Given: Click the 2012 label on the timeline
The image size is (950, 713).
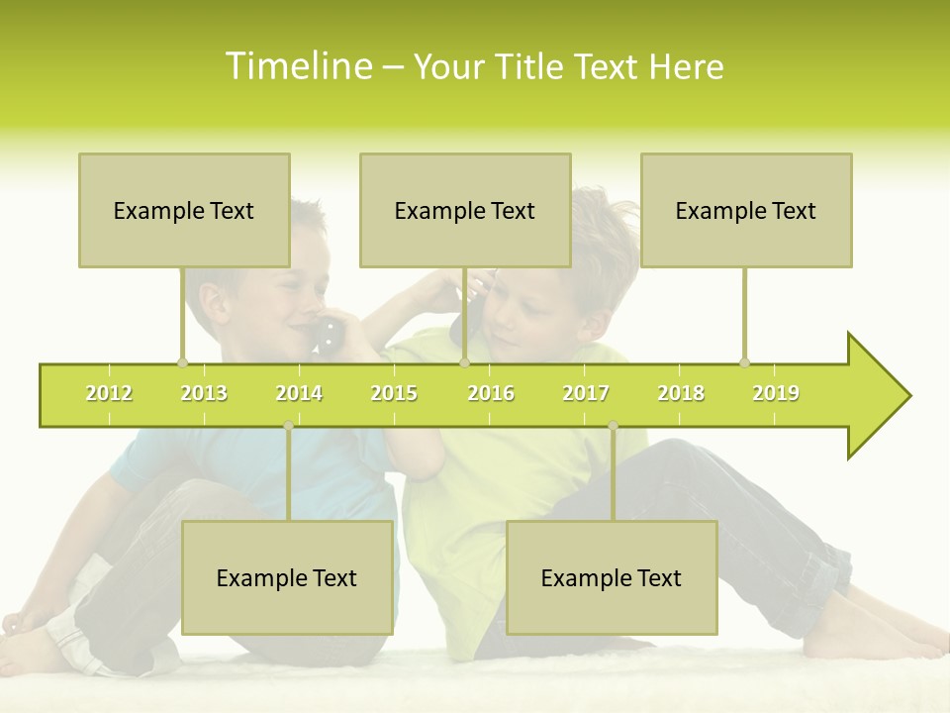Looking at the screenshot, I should point(109,393).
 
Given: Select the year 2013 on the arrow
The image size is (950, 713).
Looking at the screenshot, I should point(204,393).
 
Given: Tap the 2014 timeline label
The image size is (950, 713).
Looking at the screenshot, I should point(299,393).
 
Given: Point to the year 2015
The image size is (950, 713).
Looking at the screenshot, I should point(394,393).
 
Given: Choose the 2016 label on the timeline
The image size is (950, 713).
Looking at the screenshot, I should point(491,393).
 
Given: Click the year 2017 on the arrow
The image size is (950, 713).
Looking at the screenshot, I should point(586,393).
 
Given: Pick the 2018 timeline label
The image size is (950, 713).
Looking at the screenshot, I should point(681,393).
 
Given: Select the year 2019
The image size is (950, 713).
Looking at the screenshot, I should point(776,393).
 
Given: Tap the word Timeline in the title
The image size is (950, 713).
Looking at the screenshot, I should point(299,66).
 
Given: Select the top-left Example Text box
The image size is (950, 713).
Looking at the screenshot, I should point(184,210).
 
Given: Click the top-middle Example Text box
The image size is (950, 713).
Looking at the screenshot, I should point(465,210).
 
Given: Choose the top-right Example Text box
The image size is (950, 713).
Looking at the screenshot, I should point(746,210).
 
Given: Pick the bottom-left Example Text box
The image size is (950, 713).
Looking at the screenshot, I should point(287,577).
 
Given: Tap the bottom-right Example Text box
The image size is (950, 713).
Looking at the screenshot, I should point(612,577).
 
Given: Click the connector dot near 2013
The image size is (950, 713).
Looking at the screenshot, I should point(182,362).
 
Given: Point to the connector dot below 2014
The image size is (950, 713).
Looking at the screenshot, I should point(288,426).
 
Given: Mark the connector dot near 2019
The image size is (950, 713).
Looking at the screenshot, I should point(744,362).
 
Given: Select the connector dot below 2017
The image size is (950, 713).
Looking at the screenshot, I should point(613,426).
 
